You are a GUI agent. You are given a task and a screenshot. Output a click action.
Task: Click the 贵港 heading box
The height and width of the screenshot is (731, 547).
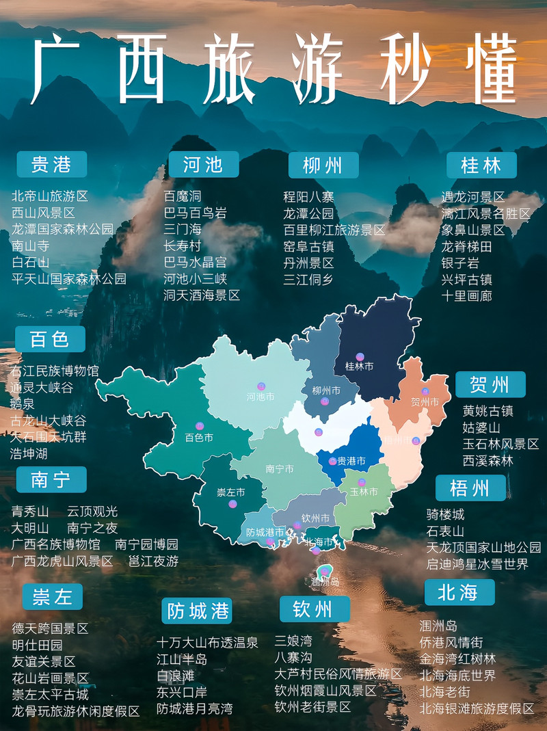point(51,164)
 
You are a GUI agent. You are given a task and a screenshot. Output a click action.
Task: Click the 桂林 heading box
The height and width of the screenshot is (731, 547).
point(481,165)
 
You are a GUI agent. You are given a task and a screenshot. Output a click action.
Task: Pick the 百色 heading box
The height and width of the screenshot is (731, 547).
point(50,339)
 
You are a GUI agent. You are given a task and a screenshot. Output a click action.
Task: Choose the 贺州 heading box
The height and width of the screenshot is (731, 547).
point(490,384)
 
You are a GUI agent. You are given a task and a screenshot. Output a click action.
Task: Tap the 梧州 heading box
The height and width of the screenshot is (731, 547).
point(470,488)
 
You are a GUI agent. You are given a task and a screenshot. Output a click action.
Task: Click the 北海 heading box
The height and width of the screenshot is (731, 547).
point(459,592)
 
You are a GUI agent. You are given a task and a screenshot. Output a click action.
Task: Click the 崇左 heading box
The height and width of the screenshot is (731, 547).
point(52,597)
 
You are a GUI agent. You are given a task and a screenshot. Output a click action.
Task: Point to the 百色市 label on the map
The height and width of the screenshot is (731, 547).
point(199,438)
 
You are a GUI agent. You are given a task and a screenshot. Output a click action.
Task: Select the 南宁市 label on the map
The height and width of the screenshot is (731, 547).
point(279,469)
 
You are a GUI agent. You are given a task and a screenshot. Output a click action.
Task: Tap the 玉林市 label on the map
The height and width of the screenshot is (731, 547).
point(364,492)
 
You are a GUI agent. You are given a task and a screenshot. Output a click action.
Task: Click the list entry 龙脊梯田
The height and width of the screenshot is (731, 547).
point(466,246)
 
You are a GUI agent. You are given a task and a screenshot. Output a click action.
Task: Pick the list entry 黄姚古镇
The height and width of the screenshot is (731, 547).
point(488,411)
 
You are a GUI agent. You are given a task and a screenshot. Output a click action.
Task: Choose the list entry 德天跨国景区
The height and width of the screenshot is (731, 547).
point(50,628)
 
